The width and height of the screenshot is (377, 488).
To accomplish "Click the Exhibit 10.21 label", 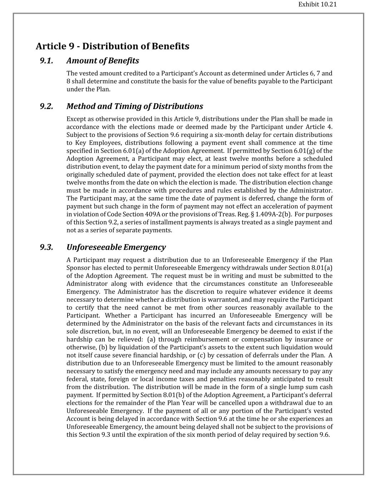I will tap(317, 5).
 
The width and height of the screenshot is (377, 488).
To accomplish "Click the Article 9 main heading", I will tap(112, 46).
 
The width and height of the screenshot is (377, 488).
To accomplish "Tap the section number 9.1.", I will tap(46, 61).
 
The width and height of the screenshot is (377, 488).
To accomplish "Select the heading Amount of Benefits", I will tap(103, 61).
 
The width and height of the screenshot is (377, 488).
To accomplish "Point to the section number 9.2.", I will tap(46, 107).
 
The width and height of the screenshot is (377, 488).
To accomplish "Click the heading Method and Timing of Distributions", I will tap(134, 107).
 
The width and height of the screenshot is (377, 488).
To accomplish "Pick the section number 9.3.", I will tap(46, 247).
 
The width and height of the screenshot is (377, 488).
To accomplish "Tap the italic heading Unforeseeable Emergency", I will tap(116, 247).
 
